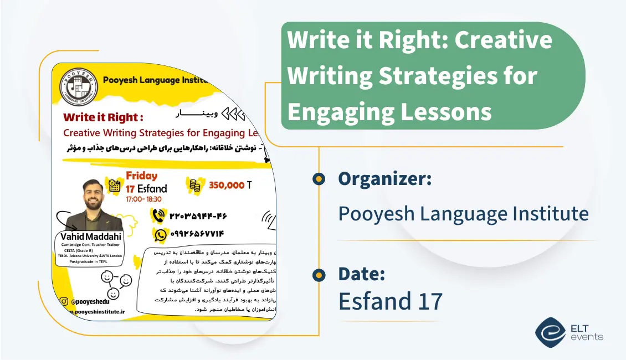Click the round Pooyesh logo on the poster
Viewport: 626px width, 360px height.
(x=79, y=86)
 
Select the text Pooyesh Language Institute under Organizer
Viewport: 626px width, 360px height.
(x=463, y=213)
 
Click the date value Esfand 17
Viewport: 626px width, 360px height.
(x=391, y=301)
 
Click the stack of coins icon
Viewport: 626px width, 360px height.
(x=195, y=186)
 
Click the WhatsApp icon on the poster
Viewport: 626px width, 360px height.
(x=161, y=235)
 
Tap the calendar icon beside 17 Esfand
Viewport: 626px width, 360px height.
(x=115, y=186)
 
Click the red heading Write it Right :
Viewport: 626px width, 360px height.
(x=103, y=117)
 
